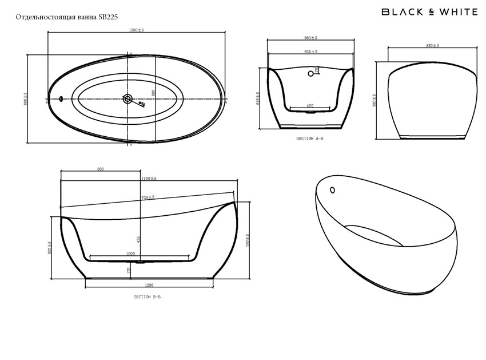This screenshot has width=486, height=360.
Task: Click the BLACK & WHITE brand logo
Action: [x=429, y=11]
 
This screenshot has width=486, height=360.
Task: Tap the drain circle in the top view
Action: [x=128, y=99]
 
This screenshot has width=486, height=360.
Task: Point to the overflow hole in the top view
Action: [x=61, y=98]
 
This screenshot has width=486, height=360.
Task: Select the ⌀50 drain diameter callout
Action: [x=142, y=105]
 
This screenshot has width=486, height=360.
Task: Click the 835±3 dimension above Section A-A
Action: [x=310, y=52]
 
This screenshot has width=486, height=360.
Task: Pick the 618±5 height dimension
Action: [x=258, y=98]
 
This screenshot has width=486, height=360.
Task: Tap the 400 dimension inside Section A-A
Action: [x=310, y=106]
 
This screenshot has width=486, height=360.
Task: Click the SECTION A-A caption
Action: [x=310, y=139]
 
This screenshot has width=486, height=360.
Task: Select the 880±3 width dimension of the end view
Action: [x=432, y=45]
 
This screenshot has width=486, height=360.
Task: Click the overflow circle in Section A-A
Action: [x=310, y=73]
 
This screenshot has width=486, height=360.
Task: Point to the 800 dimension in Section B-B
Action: [x=101, y=169]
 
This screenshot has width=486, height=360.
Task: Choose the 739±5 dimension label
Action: [x=148, y=197]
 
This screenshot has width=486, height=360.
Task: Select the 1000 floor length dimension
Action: [x=131, y=254]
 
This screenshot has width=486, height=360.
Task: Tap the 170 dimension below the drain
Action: [x=129, y=269]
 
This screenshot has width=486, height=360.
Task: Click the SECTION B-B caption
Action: [x=147, y=297]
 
